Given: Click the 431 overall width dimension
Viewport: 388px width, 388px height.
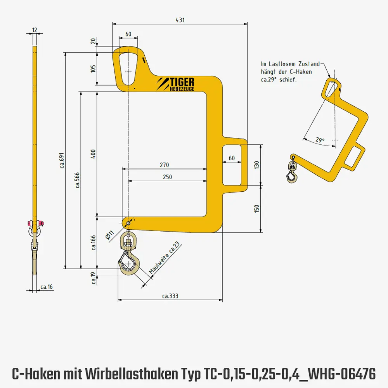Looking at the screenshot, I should (x=180, y=19).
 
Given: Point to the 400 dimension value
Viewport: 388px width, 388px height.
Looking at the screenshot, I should (x=93, y=154).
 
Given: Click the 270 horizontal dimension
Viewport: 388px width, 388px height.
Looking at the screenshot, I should (x=164, y=165).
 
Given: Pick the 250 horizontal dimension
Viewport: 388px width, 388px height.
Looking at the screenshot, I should (x=167, y=177).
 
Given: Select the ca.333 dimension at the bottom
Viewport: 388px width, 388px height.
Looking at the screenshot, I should (x=170, y=296).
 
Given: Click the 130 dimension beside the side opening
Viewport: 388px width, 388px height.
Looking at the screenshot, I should (x=256, y=165).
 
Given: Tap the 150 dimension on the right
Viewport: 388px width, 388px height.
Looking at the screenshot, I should (x=256, y=209).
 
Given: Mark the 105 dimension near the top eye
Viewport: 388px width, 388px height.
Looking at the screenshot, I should (x=93, y=69).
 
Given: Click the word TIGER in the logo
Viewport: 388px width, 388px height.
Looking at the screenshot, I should (x=182, y=81).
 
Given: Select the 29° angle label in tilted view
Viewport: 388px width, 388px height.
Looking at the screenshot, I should (x=320, y=140).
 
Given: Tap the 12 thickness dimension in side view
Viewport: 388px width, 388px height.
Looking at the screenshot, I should (x=35, y=30).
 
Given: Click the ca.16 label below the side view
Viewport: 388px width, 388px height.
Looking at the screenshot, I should (x=47, y=287).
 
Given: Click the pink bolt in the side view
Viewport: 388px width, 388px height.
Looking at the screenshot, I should (x=29, y=223).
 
